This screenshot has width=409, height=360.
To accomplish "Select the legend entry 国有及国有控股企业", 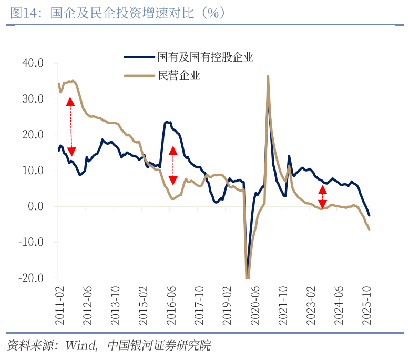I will (x=206, y=57).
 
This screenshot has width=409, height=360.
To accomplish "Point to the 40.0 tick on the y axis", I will (x=33, y=63).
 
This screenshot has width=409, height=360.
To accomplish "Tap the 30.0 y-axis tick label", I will (x=33, y=99).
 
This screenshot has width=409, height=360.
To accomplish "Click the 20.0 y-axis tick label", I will (x=33, y=135).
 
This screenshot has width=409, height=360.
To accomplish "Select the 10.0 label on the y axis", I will (x=33, y=171).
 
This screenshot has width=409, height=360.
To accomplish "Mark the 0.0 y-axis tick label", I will (x=36, y=206).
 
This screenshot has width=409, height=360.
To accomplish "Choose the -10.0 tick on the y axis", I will (x=31, y=242).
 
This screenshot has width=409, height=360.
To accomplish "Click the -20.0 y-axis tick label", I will (x=31, y=278).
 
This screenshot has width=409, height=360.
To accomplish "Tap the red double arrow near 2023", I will (x=323, y=197).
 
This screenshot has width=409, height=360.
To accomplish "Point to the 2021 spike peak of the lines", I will (x=268, y=77).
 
